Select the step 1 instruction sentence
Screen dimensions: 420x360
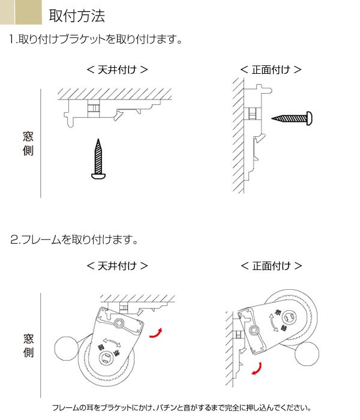click(96, 41)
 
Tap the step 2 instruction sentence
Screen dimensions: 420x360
click(74, 240)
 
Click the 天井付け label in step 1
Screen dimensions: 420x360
click(118, 69)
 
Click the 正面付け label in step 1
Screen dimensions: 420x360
click(271, 69)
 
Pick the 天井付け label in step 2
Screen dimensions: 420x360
click(118, 265)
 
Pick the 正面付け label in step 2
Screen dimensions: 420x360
click(271, 265)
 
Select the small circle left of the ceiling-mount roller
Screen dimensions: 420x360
click(65, 349)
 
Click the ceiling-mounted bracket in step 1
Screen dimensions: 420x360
click(105, 111)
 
